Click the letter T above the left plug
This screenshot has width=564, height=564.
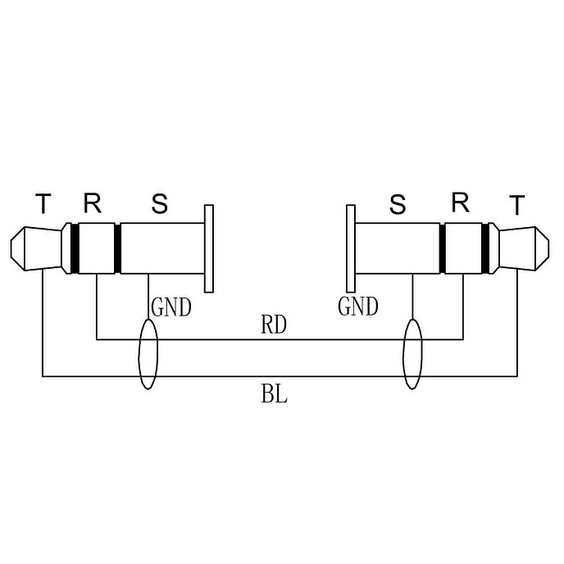pos(43,203)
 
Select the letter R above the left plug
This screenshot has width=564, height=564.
pos(92,203)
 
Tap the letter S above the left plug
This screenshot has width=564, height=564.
pos(160,204)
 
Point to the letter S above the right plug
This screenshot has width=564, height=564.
pos(398,205)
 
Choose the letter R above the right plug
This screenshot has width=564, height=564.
pos(461,203)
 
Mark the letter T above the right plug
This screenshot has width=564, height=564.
pos(516,206)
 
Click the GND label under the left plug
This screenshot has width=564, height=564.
pos(171,308)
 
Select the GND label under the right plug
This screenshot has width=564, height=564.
pos(358,307)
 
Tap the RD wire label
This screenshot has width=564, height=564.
pos(274,325)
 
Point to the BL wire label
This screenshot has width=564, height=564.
pos(274,395)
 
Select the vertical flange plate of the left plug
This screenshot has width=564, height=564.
pos(209,248)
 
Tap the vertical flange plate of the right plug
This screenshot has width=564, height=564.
pos(351,248)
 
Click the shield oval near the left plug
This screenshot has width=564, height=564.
pos(148,355)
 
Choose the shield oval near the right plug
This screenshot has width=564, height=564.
pos(412,355)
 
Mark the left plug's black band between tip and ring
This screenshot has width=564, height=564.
pos(73,248)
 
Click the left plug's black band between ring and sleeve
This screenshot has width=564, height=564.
pos(118,248)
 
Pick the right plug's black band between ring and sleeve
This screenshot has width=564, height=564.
pos(443,248)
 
